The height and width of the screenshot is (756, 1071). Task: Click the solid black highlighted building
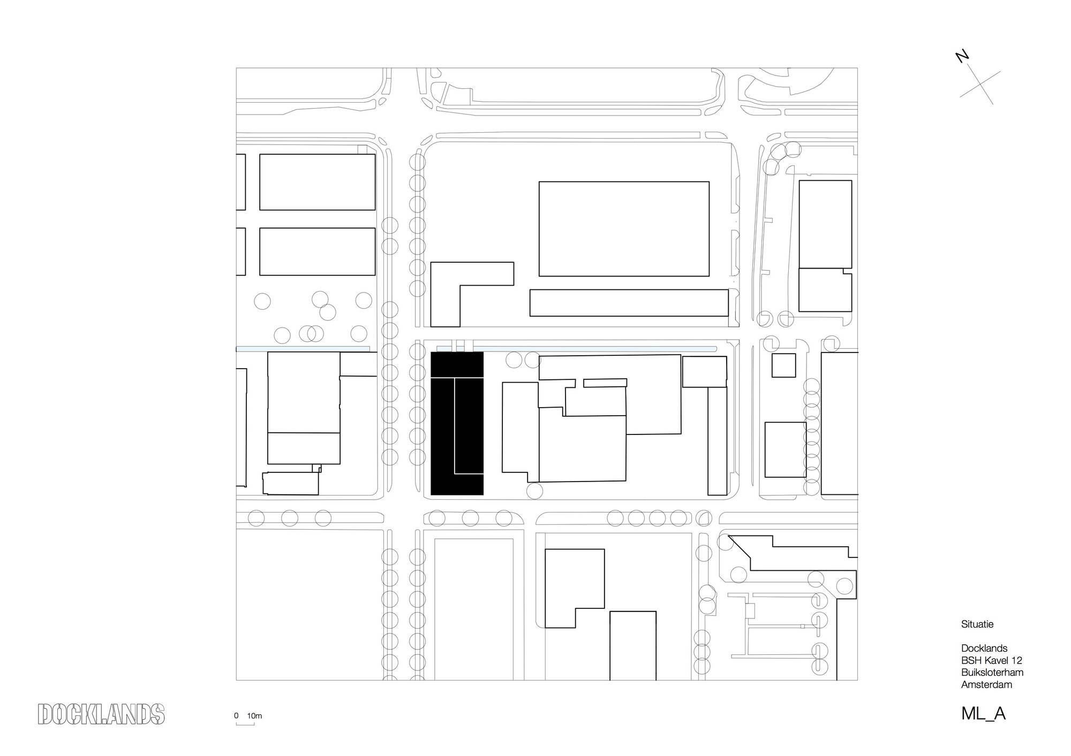point(457,423)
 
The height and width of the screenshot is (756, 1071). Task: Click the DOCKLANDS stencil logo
point(101,714)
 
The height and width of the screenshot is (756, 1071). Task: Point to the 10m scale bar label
point(254,716)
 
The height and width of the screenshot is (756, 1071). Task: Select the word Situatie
point(977,624)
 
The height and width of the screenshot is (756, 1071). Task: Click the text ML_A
point(983,714)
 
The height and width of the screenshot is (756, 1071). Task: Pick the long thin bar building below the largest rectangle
point(629,303)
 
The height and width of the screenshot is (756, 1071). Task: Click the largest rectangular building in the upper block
point(624,229)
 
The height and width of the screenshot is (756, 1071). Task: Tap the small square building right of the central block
point(783,365)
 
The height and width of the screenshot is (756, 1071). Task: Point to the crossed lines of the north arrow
point(980,88)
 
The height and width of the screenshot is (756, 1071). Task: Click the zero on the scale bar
point(236,716)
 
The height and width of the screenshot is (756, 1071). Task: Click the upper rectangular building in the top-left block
point(318,182)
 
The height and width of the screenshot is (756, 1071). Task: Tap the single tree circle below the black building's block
point(534,491)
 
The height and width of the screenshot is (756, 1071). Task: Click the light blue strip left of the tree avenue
point(303,349)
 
